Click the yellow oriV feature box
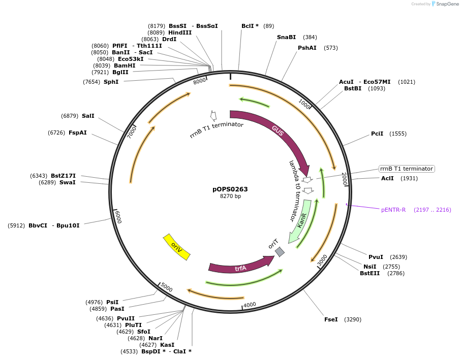tap(176, 247)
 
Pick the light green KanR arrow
tap(301, 221)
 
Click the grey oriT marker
tap(280, 251)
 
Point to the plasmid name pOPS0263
tap(230, 189)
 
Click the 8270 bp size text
tap(230, 197)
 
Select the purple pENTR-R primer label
tap(393, 210)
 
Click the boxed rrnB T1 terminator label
tap(407, 169)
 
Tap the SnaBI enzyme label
tap(286, 37)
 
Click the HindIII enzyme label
tap(180, 32)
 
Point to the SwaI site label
tap(67, 182)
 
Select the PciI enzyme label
tap(377, 134)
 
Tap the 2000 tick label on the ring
tap(344, 179)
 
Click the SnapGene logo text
tap(445, 4)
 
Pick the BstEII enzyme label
tap(370, 273)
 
